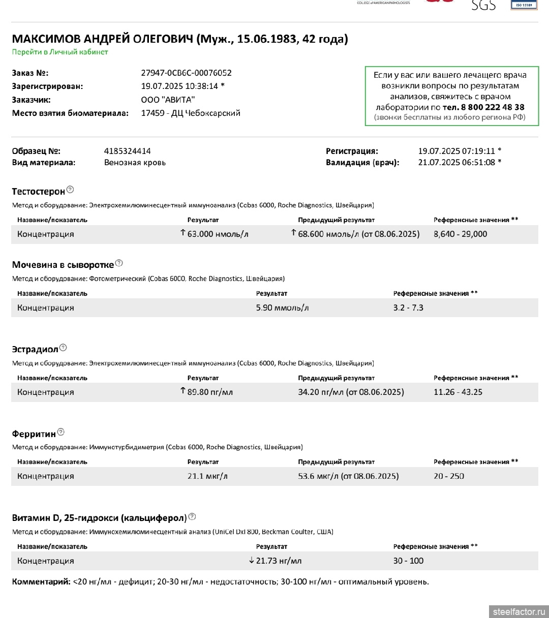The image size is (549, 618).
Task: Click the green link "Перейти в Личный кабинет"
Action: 60,52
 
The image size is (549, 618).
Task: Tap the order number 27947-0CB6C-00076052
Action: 186,73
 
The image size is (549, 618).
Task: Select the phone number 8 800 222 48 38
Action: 492,107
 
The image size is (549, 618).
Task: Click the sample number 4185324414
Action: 127,151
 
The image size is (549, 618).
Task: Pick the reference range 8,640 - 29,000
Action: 460,234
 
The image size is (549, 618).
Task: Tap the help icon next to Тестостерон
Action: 70,190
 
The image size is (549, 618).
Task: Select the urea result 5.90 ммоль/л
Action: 282,307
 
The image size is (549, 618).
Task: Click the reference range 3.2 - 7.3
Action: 408,307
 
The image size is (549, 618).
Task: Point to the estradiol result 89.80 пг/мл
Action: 210,392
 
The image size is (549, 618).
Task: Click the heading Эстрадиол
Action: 35,349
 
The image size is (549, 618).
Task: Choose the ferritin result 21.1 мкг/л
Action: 207,476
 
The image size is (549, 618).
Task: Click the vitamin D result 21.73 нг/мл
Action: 279,561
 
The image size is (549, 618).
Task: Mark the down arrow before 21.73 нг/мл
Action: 251,561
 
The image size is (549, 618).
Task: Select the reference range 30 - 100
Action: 408,561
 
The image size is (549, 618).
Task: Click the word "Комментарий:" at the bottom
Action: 41,581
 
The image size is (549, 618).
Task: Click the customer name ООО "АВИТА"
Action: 168,100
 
